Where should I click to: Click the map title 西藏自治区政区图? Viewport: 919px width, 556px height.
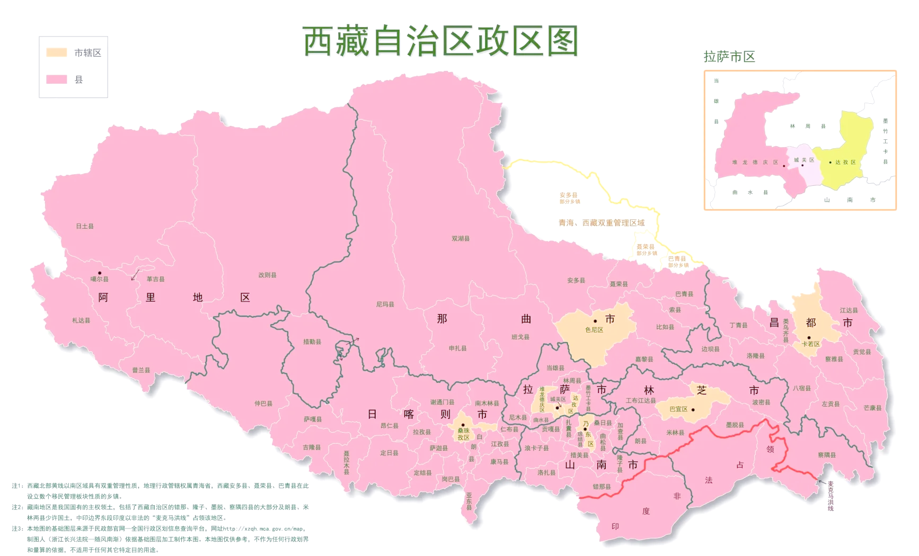click(440, 41)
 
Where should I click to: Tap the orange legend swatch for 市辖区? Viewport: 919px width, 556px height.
click(57, 52)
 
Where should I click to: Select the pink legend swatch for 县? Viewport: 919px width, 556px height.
click(57, 79)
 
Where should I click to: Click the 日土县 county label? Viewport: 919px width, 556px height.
click(85, 226)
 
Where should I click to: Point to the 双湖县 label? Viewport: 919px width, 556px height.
click(460, 239)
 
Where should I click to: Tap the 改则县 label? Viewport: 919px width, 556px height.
click(267, 275)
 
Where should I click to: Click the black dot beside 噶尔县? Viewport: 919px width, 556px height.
click(99, 273)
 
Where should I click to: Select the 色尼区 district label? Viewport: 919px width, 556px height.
click(594, 330)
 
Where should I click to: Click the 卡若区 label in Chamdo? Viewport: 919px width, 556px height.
click(810, 344)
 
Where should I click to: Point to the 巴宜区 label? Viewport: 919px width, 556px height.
click(678, 409)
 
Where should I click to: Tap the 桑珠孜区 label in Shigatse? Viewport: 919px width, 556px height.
click(463, 434)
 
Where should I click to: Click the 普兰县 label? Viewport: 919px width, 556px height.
click(141, 370)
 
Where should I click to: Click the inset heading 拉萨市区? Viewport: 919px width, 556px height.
click(729, 57)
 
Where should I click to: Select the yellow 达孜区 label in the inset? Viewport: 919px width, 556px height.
click(845, 163)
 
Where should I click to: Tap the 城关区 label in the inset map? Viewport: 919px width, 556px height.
click(803, 160)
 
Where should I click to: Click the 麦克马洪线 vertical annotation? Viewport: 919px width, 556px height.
click(830, 496)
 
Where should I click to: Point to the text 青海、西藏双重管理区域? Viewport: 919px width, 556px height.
click(601, 223)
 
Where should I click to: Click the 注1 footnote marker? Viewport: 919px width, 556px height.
click(17, 486)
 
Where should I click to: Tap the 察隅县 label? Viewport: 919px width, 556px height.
click(826, 455)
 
